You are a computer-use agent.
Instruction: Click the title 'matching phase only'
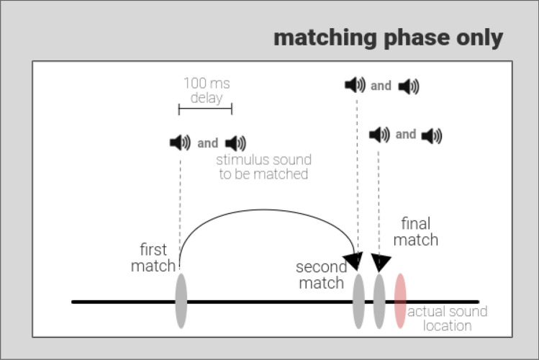[x=388, y=38]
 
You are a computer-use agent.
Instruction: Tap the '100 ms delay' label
[x=206, y=90]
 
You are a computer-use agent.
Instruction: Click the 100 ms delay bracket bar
[x=205, y=109]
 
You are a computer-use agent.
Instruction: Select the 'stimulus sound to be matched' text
[x=263, y=167]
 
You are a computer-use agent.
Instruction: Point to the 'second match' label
[x=322, y=275]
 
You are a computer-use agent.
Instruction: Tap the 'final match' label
[x=416, y=231]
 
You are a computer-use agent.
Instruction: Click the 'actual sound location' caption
[x=448, y=318]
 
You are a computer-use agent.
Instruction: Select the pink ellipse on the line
[x=400, y=300]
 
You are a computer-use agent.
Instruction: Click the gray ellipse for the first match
[x=180, y=300]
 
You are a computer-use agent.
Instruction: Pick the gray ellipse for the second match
[x=358, y=300]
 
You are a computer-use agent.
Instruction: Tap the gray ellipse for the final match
[x=379, y=300]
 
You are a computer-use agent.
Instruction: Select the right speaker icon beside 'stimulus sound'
[x=235, y=143]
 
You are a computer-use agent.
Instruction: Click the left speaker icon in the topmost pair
[x=355, y=86]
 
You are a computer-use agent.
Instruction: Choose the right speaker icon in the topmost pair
[x=408, y=87]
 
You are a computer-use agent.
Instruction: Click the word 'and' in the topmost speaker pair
[x=381, y=86]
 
